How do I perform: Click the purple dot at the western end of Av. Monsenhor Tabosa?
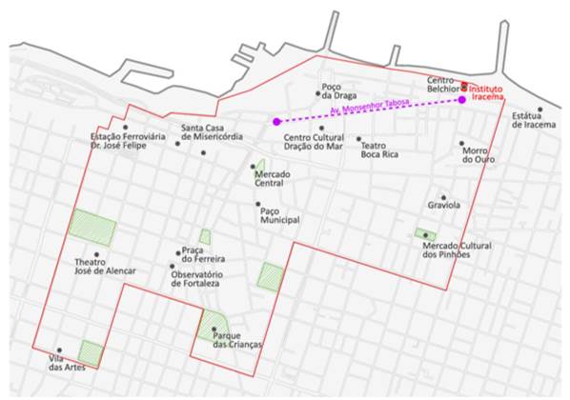pos(275,122)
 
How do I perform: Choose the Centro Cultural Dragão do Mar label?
pos(313,141)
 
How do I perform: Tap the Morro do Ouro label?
pos(474,154)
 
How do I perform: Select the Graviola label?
pos(443,205)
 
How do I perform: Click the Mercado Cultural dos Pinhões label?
pos(457,250)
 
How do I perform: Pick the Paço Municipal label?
pos(280,215)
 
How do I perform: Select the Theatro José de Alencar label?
pos(105,266)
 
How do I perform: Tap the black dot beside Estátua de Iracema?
pos(539,109)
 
